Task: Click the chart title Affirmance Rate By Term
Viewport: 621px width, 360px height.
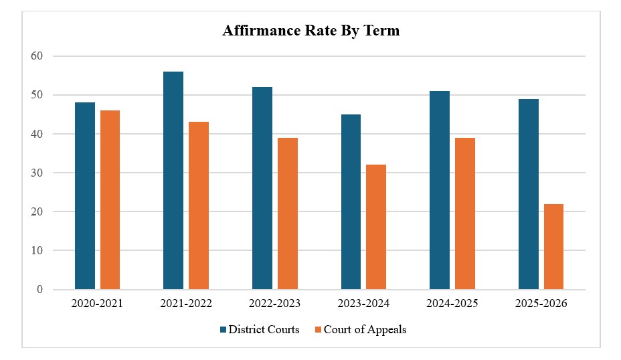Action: click(311, 31)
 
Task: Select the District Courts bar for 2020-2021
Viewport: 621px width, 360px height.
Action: click(85, 196)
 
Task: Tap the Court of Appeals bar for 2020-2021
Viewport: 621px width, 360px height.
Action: click(110, 200)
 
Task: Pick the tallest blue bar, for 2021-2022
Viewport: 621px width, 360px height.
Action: click(173, 181)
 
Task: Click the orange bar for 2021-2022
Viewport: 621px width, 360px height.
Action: click(199, 205)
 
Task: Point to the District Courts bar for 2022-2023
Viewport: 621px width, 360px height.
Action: click(262, 188)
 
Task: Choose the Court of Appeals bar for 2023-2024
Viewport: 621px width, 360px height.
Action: click(376, 227)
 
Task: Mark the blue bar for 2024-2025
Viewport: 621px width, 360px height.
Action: click(440, 190)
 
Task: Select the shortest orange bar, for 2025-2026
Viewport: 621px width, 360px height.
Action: click(553, 247)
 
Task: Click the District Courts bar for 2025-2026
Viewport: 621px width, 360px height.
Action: click(529, 194)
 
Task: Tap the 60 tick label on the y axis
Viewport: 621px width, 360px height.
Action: click(37, 56)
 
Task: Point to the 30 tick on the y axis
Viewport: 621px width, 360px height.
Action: click(37, 173)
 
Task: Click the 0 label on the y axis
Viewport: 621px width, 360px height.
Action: click(39, 290)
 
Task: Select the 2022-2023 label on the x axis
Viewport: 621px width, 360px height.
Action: click(274, 303)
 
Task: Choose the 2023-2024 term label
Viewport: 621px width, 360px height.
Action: click(363, 303)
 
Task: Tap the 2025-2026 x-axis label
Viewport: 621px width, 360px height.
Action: click(541, 303)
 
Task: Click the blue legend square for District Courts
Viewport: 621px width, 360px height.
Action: click(224, 329)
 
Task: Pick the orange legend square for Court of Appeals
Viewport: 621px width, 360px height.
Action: click(318, 329)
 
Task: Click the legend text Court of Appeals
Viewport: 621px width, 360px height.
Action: click(365, 329)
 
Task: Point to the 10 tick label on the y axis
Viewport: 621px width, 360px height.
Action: click(37, 250)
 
